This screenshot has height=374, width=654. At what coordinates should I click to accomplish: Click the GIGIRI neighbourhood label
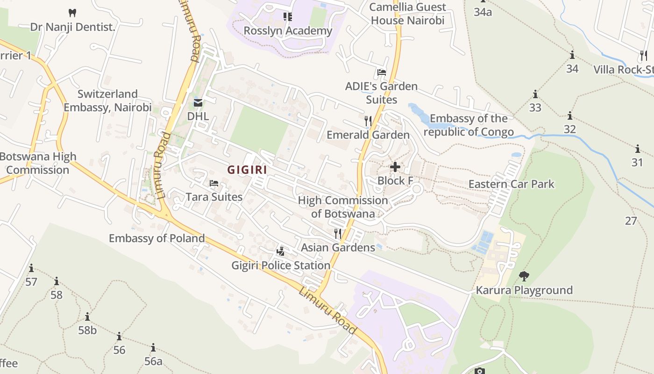click(247, 170)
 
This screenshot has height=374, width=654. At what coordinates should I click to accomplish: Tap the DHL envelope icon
click(198, 103)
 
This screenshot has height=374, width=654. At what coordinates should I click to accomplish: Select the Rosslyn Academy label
click(288, 31)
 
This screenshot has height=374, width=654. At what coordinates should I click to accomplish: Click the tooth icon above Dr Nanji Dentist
click(72, 13)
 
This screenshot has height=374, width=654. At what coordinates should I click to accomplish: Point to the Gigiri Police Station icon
click(280, 251)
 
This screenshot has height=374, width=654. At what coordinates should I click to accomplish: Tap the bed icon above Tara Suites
click(214, 183)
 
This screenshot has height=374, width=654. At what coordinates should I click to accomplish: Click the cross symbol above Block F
click(395, 166)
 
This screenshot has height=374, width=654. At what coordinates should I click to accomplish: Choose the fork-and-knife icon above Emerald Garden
click(368, 121)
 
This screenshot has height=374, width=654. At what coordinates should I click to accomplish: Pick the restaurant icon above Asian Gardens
click(338, 233)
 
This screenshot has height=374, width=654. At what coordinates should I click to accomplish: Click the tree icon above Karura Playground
click(524, 276)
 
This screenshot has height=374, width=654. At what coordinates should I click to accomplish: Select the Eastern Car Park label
click(511, 184)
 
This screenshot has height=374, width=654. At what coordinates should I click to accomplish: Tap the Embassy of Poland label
click(156, 238)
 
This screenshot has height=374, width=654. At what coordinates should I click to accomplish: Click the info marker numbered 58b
click(87, 317)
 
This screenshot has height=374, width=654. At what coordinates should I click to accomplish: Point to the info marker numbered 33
click(535, 94)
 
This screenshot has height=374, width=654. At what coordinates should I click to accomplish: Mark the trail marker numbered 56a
click(153, 348)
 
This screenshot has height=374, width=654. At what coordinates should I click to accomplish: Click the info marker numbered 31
click(638, 149)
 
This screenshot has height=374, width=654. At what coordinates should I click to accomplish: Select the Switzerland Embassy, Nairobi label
click(107, 101)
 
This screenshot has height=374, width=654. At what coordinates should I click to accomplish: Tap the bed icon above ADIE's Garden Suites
click(382, 72)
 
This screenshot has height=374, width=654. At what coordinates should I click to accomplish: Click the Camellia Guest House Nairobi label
click(408, 14)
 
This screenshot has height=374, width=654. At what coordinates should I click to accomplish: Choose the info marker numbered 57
click(31, 268)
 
